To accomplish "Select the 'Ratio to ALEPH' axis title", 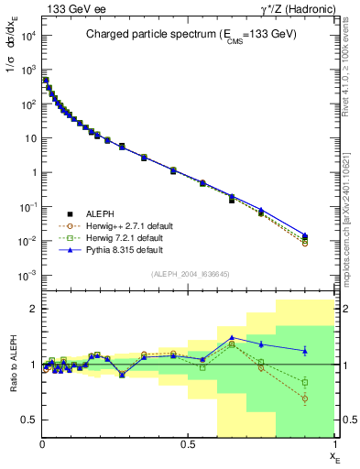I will pyautogui.click(x=11, y=365).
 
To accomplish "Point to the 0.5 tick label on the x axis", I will pyautogui.click(x=188, y=443).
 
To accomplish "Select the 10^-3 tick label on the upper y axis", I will pyautogui.click(x=27, y=276).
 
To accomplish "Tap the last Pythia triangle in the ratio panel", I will pyautogui.click(x=305, y=351).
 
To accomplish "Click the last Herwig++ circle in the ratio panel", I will pyautogui.click(x=305, y=398).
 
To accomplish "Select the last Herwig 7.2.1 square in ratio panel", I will pyautogui.click(x=305, y=382).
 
